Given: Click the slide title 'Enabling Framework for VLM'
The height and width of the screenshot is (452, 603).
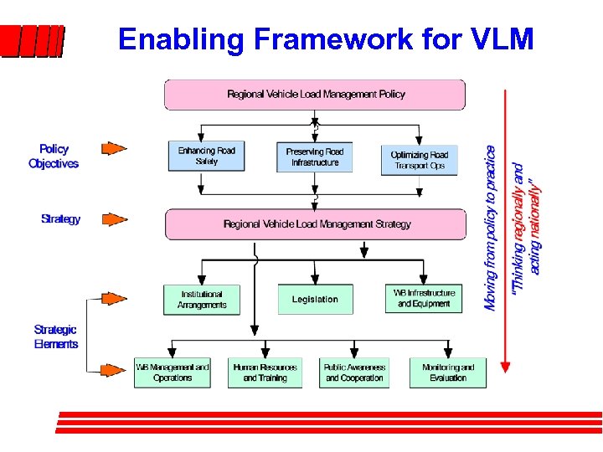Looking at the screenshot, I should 325,39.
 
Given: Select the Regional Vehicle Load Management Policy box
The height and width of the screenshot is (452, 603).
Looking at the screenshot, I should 315,95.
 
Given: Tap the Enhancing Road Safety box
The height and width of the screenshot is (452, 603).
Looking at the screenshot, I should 206,157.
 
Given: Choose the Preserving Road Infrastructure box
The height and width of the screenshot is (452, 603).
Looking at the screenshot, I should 315,157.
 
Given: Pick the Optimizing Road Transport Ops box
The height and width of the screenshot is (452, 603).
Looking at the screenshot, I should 420,158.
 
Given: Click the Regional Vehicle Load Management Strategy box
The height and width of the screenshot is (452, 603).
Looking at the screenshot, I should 316,224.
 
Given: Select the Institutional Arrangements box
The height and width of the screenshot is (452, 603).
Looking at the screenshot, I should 201,300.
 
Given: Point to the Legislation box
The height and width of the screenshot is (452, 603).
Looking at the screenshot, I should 315,300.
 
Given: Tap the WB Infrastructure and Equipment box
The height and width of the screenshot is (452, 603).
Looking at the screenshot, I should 424,299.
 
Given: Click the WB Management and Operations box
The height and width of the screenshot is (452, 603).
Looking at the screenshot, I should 173,372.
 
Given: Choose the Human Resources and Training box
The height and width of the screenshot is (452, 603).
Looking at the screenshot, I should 265,372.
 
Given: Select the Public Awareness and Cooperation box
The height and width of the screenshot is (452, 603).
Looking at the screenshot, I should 355,372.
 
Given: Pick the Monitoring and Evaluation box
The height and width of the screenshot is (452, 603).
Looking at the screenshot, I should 448,372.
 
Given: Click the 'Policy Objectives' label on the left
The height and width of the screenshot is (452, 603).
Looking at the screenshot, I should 54,157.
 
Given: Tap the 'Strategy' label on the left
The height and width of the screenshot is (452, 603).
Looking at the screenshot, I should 60,219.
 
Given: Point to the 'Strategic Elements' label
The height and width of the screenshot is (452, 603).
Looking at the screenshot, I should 55,336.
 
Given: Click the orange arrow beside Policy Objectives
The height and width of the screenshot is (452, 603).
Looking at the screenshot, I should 113,149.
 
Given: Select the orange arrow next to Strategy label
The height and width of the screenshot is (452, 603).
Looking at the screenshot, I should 113,219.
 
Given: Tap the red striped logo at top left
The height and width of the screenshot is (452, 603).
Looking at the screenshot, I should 32,41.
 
